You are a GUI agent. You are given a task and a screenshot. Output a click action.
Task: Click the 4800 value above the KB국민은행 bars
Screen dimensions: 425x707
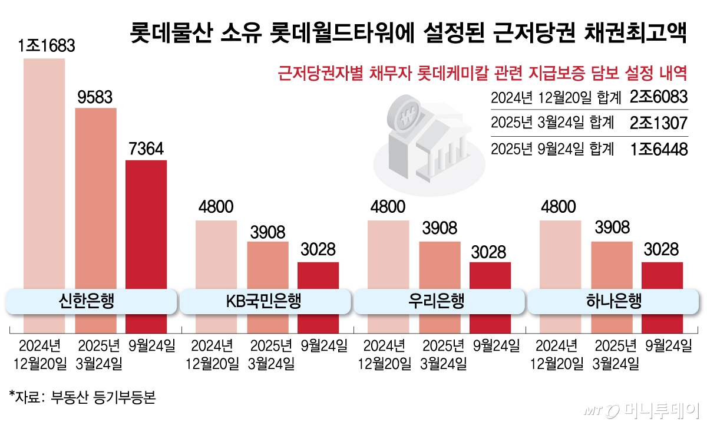pyautogui.click(x=216, y=207)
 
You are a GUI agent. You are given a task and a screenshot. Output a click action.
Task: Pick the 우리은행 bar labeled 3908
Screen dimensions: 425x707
pyautogui.click(x=440, y=265)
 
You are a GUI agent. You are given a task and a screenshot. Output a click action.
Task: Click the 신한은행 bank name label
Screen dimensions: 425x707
pyautogui.click(x=91, y=302)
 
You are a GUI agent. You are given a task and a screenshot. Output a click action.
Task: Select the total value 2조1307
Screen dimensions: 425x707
pyautogui.click(x=658, y=123)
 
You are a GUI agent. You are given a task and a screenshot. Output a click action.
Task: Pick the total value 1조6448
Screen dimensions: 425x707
pyautogui.click(x=658, y=149)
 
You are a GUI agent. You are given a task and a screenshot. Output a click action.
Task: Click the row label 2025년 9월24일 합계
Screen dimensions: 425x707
pyautogui.click(x=552, y=149)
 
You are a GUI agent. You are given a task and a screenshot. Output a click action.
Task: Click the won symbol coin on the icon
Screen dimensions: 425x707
pyautogui.click(x=407, y=117)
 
